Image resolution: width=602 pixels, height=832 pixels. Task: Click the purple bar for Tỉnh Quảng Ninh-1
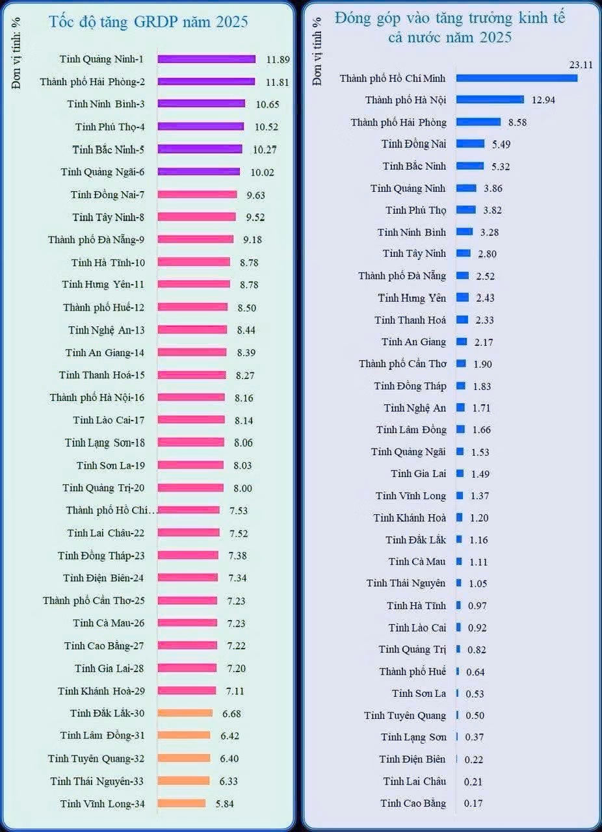coord(206,59)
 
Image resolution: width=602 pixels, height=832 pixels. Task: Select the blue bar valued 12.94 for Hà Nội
coord(490,99)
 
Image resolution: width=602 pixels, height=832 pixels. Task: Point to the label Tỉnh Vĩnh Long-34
coord(102,803)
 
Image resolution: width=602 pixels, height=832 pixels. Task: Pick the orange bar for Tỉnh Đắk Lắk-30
coord(185,713)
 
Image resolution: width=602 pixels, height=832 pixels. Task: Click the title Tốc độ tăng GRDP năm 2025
coord(149,21)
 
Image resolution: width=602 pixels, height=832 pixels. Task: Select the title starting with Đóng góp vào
coord(450,27)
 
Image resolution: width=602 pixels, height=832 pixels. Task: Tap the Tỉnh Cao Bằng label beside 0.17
coord(413,803)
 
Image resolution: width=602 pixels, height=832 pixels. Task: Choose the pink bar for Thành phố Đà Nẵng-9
coord(195,239)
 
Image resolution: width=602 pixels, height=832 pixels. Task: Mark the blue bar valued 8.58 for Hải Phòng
coord(478,122)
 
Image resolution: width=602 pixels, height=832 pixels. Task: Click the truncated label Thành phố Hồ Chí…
coord(110,510)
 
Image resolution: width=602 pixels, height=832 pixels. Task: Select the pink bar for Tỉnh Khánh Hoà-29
coord(187,690)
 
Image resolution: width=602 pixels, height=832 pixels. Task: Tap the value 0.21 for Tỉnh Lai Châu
coord(473,781)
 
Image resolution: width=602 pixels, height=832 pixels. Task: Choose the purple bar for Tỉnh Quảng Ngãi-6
coord(198,172)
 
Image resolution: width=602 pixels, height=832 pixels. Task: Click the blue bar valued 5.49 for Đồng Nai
coord(470,144)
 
